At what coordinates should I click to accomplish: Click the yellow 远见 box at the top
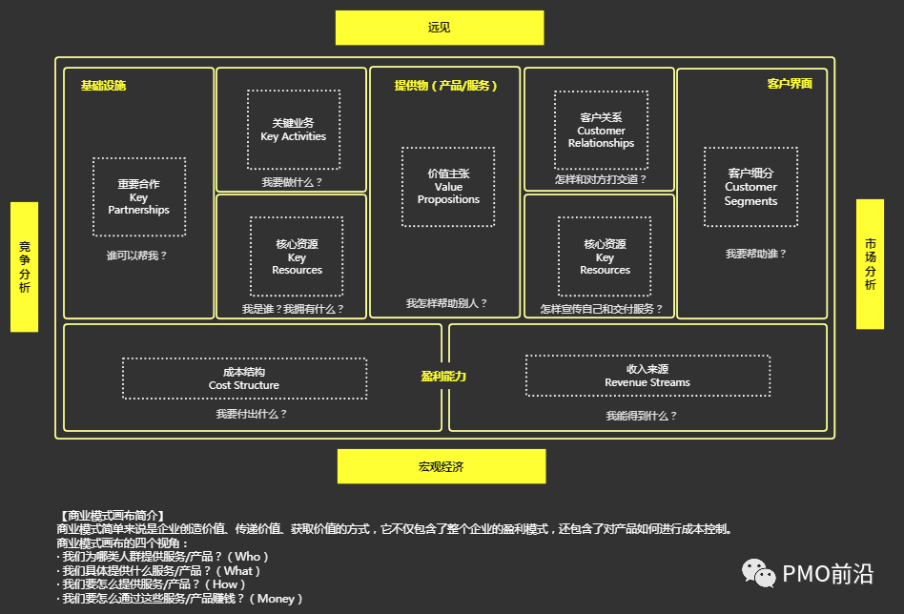(x=439, y=28)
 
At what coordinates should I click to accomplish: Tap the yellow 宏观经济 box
(x=441, y=466)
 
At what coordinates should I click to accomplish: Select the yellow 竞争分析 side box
(x=24, y=267)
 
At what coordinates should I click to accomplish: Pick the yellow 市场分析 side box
(x=870, y=264)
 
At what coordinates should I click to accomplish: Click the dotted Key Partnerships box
(x=139, y=197)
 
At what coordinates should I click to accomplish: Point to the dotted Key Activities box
(x=294, y=130)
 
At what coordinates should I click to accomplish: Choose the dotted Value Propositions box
(x=448, y=187)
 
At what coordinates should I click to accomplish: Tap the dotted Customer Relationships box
(x=601, y=131)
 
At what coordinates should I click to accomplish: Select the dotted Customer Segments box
(x=750, y=187)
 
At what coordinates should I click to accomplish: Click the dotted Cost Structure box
(x=244, y=379)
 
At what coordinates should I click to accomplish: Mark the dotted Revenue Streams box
(x=647, y=376)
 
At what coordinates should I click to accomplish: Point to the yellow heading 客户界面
(x=790, y=84)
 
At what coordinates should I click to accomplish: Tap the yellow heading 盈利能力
(x=443, y=377)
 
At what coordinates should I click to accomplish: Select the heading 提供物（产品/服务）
(x=446, y=85)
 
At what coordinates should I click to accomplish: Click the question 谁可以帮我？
(x=137, y=256)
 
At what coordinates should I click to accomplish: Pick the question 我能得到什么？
(x=642, y=416)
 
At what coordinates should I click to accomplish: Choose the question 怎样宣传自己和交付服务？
(x=601, y=309)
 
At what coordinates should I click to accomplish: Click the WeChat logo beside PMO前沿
(x=759, y=573)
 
